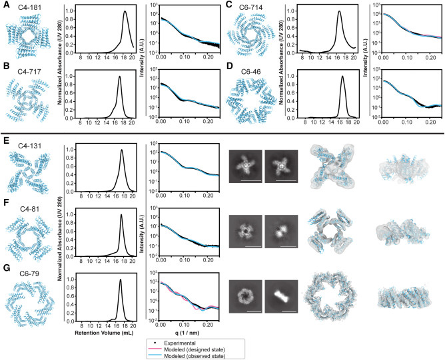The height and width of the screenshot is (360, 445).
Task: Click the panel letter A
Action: [x=5, y=6]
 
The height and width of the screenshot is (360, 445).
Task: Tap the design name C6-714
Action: [x=250, y=6]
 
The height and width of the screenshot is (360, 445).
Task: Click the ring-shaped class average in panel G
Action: [x=247, y=294]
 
